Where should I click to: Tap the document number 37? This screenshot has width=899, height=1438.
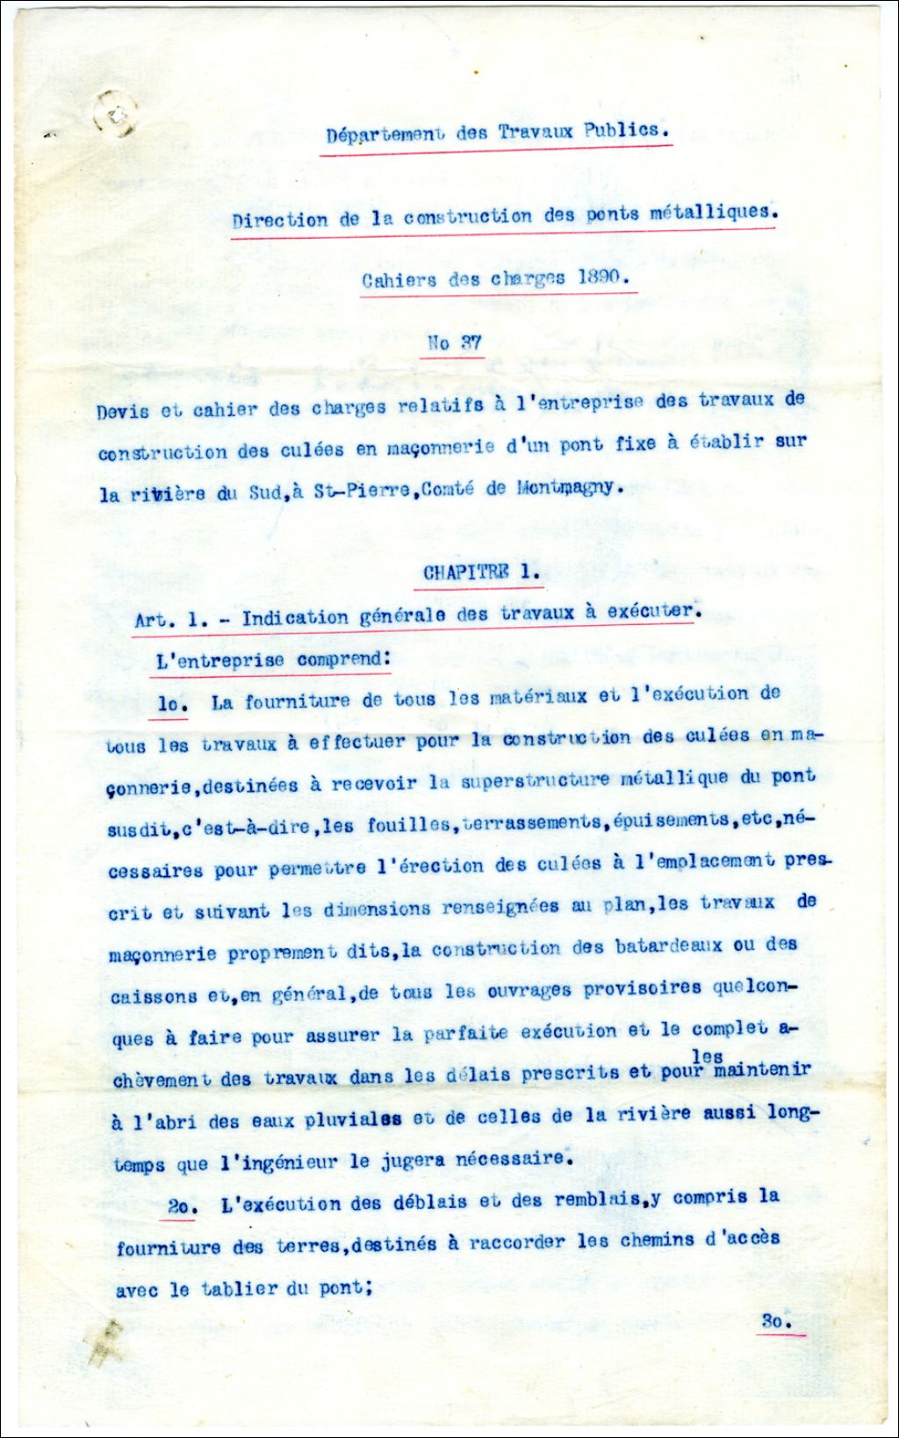click(x=471, y=342)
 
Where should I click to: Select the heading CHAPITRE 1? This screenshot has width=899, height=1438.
click(x=481, y=572)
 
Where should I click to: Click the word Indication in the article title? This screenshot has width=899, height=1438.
click(x=295, y=618)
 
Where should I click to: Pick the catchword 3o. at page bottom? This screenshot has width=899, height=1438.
click(x=777, y=1321)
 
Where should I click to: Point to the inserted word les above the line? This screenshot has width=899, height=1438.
click(x=707, y=1056)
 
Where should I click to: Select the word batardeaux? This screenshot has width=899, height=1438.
click(x=668, y=946)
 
